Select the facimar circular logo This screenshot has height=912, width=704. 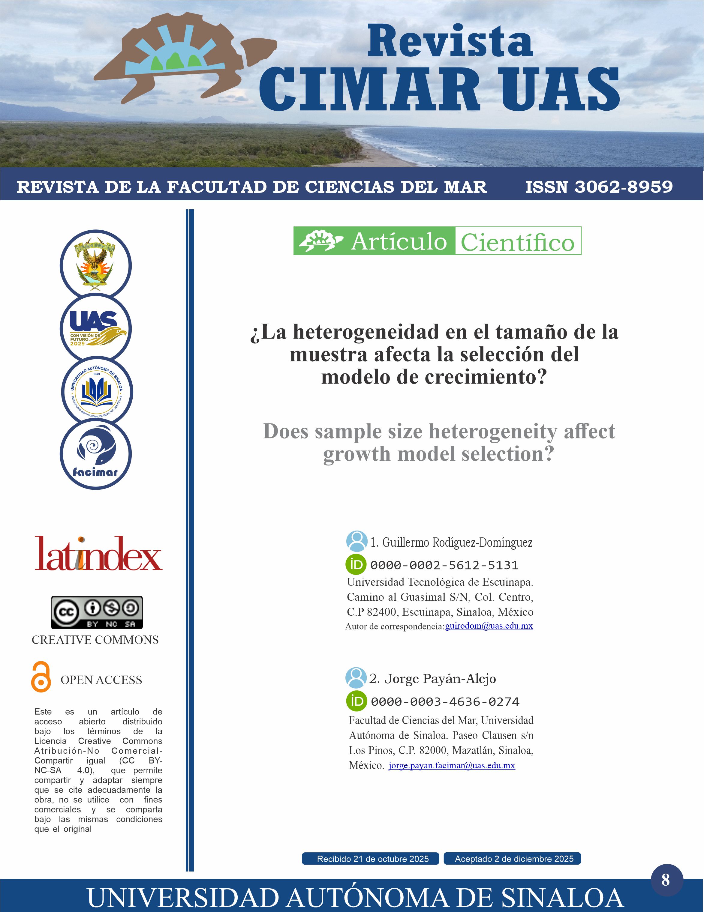tap(96, 454)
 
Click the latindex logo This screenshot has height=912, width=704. tap(99, 554)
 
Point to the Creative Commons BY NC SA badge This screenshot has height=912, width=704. tap(97, 612)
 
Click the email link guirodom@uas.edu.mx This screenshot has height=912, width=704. tap(489, 626)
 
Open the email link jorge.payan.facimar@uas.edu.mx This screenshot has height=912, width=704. tap(452, 765)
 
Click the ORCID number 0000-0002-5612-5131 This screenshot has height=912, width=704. tap(444, 565)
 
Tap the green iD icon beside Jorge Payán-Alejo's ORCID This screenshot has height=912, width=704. tap(357, 701)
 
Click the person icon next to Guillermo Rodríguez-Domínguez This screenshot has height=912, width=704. tap(357, 541)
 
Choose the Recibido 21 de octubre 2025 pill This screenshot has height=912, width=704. tap(371, 859)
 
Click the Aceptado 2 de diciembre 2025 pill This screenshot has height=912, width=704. tap(512, 859)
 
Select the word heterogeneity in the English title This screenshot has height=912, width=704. tap(493, 431)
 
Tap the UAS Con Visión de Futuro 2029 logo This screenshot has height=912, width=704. tap(96, 328)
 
